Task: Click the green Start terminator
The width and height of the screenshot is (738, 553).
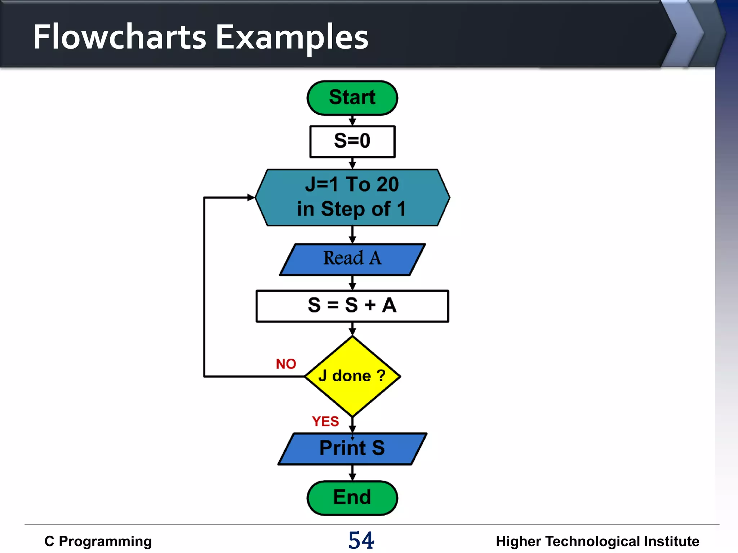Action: (352, 98)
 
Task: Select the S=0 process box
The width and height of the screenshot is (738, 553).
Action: (352, 141)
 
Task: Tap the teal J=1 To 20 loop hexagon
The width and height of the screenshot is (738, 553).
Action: (352, 198)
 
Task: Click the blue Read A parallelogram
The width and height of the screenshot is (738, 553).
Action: (352, 259)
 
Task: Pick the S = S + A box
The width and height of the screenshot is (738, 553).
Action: (352, 306)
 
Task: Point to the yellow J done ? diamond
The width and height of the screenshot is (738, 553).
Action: (352, 376)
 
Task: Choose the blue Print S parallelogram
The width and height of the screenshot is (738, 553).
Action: (352, 449)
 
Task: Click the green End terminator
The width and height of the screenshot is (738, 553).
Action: (352, 498)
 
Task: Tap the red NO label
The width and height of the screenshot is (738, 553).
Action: (286, 364)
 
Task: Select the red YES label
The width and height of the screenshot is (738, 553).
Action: (325, 421)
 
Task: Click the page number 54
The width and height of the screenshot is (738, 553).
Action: (361, 540)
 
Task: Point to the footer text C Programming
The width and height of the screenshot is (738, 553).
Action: (98, 541)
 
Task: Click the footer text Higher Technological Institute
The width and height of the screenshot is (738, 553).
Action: (597, 541)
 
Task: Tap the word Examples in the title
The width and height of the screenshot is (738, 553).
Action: (292, 37)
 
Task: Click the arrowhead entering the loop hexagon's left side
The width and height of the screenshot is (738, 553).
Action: (251, 197)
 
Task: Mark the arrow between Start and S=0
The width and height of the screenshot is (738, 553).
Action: (352, 121)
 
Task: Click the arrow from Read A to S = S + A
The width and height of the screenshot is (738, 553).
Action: (352, 283)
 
